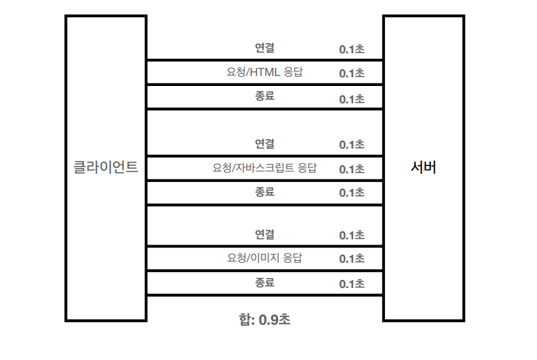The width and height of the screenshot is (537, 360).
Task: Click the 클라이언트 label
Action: (x=105, y=167)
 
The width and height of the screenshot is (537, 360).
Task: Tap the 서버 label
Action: (x=424, y=167)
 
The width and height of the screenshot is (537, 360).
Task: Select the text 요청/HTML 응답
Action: (x=265, y=72)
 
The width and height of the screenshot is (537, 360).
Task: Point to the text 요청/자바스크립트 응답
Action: (x=265, y=168)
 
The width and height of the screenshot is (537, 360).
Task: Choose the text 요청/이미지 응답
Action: (x=265, y=258)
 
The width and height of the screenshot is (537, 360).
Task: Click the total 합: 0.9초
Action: (x=265, y=319)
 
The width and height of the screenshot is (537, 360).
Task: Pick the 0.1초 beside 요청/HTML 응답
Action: (x=352, y=73)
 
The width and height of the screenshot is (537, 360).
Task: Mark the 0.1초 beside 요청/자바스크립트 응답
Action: (x=352, y=169)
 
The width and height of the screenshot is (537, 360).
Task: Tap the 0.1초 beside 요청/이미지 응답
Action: (x=352, y=259)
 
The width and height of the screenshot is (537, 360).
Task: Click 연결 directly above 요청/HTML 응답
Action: (x=265, y=48)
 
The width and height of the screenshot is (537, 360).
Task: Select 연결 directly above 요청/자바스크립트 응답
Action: (x=265, y=144)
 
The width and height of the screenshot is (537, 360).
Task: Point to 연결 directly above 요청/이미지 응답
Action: (x=265, y=235)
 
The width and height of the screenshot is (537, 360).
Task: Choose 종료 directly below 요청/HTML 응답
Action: (x=265, y=96)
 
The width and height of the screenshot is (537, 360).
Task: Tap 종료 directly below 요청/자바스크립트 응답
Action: (x=265, y=192)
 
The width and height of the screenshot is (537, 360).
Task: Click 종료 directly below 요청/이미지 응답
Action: (x=265, y=283)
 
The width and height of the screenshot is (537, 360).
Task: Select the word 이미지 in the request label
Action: (x=265, y=258)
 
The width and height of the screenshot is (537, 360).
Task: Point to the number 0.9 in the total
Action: (x=268, y=319)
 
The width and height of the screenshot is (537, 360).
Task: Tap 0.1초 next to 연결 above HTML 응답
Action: (x=352, y=50)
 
